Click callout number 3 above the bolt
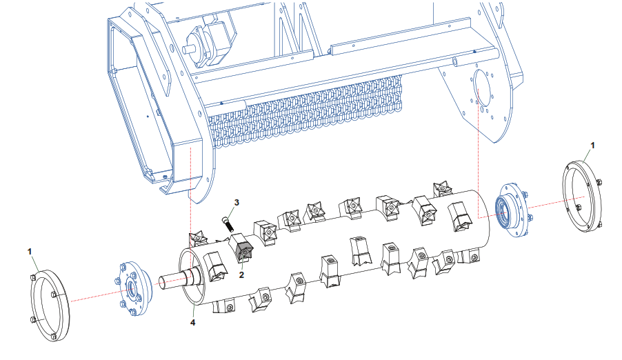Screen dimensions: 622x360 click(x=237, y=203)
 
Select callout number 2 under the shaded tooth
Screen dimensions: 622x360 click(x=241, y=274)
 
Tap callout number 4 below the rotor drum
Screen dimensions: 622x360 click(x=193, y=323)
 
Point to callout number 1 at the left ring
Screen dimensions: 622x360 click(x=30, y=251)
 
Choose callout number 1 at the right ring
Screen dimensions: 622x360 click(x=592, y=146)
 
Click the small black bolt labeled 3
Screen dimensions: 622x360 click(x=228, y=223)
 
